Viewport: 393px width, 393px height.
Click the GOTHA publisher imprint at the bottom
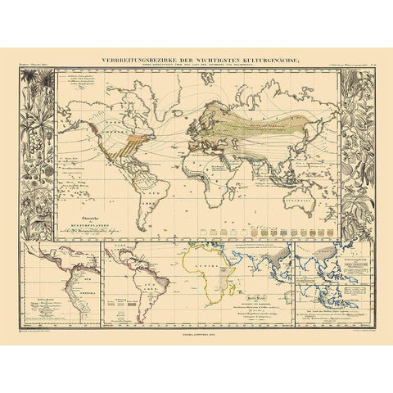click(196, 332)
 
